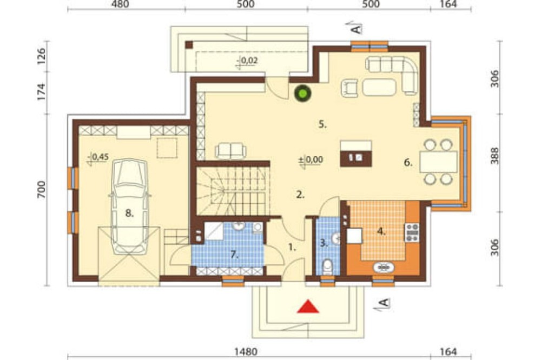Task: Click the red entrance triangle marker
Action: (x=308, y=306)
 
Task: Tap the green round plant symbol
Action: (x=302, y=93)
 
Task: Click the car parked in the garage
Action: (x=129, y=206)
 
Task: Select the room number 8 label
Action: (x=129, y=214)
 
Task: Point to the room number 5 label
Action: (x=322, y=124)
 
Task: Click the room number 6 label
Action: (x=408, y=162)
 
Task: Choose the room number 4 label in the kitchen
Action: (x=381, y=231)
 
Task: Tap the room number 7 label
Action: (x=234, y=255)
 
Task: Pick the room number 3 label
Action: (x=324, y=243)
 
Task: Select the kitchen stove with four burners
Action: (x=412, y=232)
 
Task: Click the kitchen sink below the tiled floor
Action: (x=384, y=267)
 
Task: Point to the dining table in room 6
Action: (x=438, y=162)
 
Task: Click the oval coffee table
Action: (x=379, y=87)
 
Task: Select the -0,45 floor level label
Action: (x=98, y=157)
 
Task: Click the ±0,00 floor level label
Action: (x=311, y=159)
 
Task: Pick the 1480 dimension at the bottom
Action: (x=246, y=352)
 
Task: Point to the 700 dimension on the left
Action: (x=41, y=190)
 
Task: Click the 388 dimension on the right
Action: (x=495, y=156)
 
